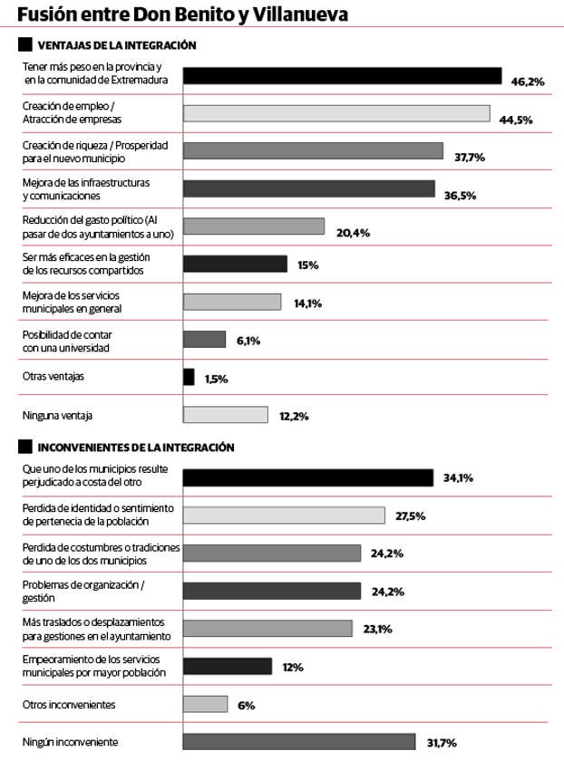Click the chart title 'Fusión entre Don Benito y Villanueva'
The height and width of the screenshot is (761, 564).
click(x=182, y=14)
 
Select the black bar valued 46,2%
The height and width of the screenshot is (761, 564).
click(x=342, y=75)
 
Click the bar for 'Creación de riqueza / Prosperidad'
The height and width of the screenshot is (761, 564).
click(x=313, y=151)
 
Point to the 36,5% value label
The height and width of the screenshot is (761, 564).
click(x=460, y=196)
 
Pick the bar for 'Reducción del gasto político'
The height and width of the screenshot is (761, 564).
click(x=253, y=226)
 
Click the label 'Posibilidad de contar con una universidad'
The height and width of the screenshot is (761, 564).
click(x=67, y=341)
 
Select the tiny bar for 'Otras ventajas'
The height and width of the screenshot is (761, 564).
click(x=189, y=377)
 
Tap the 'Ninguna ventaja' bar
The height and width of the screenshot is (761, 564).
click(x=225, y=415)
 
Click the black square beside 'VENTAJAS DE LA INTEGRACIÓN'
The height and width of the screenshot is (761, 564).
click(x=25, y=44)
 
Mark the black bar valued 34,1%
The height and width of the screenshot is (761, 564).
click(x=307, y=477)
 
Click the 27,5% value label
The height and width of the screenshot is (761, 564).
click(x=411, y=515)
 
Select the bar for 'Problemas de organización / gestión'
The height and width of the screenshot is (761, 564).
click(x=271, y=591)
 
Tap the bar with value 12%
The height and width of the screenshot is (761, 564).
click(x=227, y=666)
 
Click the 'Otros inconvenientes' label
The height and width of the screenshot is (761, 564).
click(x=69, y=704)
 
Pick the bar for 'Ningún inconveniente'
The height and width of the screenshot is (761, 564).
click(x=298, y=741)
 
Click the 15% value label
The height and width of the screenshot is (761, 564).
click(x=308, y=265)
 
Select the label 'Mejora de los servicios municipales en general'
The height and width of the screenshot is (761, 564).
click(x=73, y=303)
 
